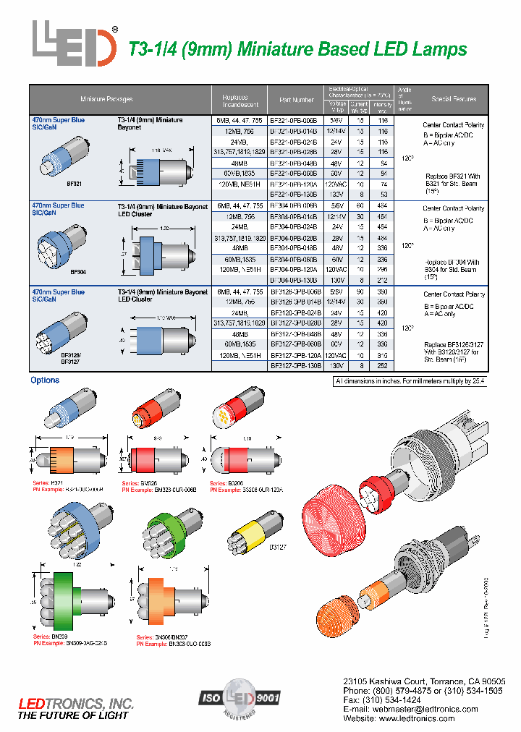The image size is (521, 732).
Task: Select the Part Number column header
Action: pyautogui.click(x=296, y=100)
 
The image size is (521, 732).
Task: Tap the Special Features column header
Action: pyautogui.click(x=454, y=99)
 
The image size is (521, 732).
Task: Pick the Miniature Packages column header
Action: pyautogui.click(x=106, y=99)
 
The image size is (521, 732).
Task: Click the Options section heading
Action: pyautogui.click(x=45, y=380)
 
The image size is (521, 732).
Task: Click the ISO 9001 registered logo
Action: pyautogui.click(x=239, y=699)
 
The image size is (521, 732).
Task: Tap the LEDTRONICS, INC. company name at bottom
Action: pyautogui.click(x=76, y=703)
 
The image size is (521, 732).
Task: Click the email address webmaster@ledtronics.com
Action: pyautogui.click(x=423, y=710)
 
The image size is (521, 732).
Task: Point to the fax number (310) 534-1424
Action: pyautogui.click(x=381, y=701)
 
